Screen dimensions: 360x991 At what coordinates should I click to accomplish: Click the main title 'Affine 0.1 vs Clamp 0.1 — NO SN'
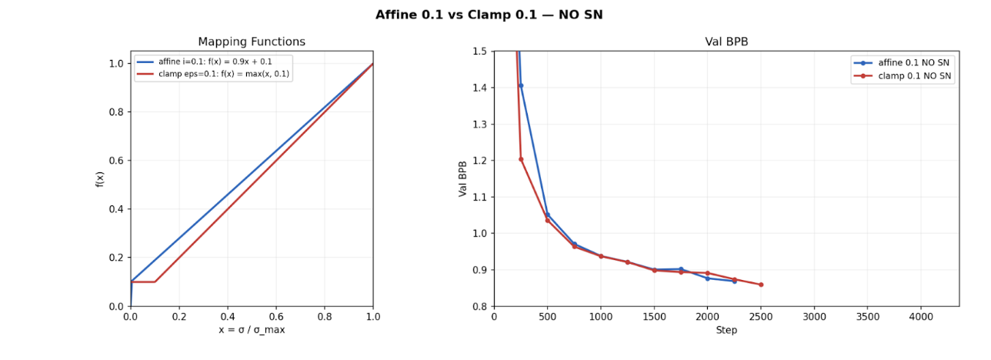(489, 15)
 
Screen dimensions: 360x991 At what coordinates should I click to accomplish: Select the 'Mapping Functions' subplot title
(252, 42)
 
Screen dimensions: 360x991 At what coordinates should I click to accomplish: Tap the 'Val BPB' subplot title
(726, 42)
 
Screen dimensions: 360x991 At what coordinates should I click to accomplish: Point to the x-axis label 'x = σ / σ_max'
(252, 330)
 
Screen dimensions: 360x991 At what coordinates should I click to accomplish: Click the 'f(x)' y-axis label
(100, 179)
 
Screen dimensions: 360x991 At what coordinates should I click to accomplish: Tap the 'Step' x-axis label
(726, 330)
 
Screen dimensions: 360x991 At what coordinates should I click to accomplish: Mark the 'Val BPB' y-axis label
(463, 179)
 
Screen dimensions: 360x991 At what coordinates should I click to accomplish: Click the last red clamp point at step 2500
(761, 285)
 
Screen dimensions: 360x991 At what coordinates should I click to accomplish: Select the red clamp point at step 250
(521, 159)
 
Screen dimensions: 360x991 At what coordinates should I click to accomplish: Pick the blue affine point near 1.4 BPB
(521, 85)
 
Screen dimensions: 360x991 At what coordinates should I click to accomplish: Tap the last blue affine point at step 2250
(734, 281)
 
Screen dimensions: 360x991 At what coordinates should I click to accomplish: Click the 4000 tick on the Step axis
(921, 316)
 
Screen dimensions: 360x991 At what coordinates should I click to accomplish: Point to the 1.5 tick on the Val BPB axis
(479, 52)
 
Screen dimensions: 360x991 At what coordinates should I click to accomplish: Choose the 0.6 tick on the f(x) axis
(115, 161)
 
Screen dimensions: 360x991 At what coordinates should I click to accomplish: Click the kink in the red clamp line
(155, 282)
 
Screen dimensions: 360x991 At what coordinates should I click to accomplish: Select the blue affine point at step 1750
(681, 269)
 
